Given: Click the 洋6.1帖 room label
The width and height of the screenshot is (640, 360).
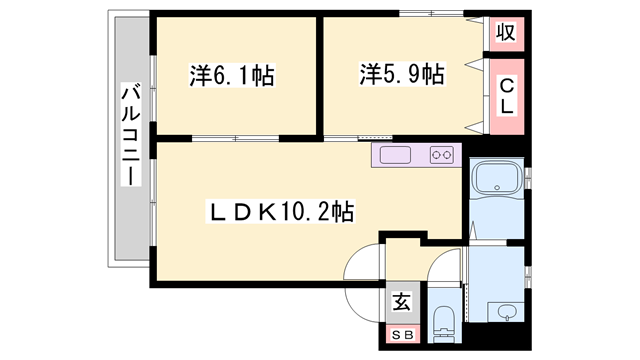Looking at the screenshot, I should [x=233, y=75].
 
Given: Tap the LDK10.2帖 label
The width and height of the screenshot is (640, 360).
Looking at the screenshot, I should [x=279, y=211].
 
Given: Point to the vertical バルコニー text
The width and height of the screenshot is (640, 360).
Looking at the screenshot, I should [x=130, y=132].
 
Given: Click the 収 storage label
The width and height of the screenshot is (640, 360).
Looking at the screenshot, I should [x=506, y=33].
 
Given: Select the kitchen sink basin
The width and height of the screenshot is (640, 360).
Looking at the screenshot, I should [x=393, y=155].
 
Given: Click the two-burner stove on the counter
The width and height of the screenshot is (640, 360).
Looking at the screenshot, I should [x=441, y=155].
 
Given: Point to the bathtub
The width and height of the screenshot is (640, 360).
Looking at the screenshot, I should [x=494, y=181].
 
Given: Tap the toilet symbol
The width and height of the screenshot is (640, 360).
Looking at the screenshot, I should [x=444, y=322].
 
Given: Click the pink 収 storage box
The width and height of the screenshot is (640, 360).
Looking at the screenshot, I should [x=506, y=34].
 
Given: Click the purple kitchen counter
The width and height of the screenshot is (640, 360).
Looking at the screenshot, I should [x=414, y=155].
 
